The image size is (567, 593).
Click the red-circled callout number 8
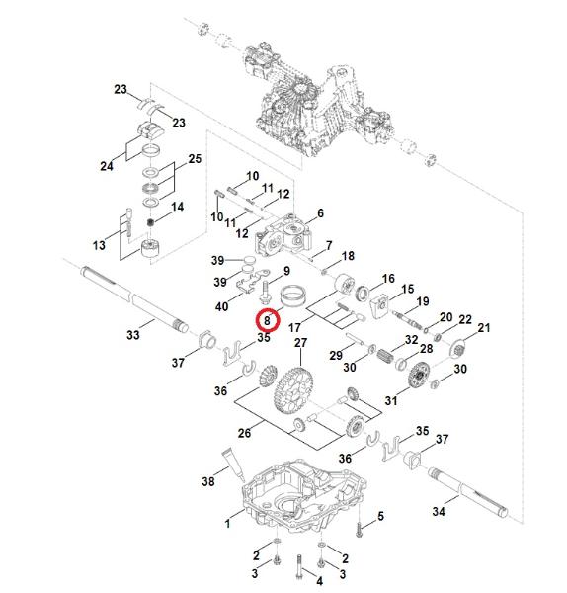point(268,320)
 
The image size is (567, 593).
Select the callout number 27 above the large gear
point(301,343)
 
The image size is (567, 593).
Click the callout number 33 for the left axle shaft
point(132,335)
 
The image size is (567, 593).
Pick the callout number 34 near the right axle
point(439,511)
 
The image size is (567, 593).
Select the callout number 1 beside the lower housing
point(227,524)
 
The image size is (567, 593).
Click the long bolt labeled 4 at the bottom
point(299,568)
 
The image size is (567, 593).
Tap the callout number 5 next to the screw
point(380,516)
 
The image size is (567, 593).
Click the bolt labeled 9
point(265,292)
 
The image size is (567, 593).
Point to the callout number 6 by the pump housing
point(321,213)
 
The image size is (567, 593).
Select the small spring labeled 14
point(151,222)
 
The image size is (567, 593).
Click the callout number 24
point(107,166)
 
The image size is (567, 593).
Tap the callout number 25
point(195,159)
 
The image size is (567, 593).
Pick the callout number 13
point(99,245)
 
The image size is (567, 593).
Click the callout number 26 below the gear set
point(244,433)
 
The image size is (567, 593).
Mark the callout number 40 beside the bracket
point(222,306)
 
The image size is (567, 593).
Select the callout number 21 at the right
point(484,328)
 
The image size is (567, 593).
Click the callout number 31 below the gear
point(391,400)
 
